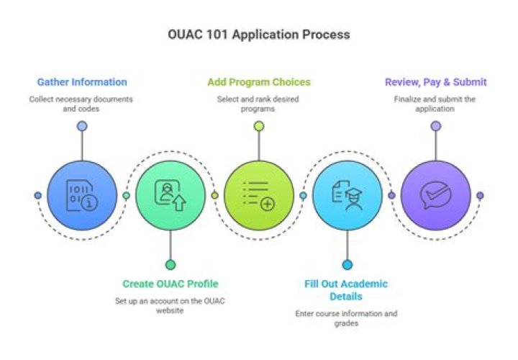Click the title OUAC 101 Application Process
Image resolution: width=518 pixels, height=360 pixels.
pyautogui.click(x=258, y=34)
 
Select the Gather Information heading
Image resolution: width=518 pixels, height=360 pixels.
pyautogui.click(x=82, y=82)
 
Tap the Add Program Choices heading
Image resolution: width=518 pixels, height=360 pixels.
pyautogui.click(x=258, y=82)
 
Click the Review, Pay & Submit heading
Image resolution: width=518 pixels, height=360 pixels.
pyautogui.click(x=435, y=82)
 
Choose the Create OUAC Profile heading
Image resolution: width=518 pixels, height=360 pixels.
pyautogui.click(x=170, y=284)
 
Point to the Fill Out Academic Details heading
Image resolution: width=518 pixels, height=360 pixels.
pyautogui.click(x=346, y=289)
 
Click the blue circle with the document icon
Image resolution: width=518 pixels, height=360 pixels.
pyautogui.click(x=82, y=195)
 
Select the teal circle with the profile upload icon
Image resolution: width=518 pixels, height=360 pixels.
pyautogui.click(x=171, y=195)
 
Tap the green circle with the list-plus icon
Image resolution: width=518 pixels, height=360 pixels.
pyautogui.click(x=259, y=195)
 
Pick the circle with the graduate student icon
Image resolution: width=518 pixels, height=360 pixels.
pyautogui.click(x=347, y=195)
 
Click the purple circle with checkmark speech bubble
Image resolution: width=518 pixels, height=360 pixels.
pyautogui.click(x=436, y=195)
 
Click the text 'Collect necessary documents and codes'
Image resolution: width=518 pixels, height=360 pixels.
pyautogui.click(x=82, y=104)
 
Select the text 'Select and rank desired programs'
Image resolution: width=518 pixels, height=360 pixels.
pyautogui.click(x=258, y=104)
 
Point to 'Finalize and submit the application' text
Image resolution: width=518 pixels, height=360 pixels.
pyautogui.click(x=435, y=104)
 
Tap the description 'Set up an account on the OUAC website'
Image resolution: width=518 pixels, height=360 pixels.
pyautogui.click(x=170, y=305)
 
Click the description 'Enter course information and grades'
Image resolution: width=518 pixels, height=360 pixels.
pyautogui.click(x=346, y=319)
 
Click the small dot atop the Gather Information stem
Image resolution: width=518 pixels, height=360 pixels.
pyautogui.click(x=82, y=126)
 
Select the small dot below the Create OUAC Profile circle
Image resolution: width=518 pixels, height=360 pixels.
pyautogui.click(x=171, y=264)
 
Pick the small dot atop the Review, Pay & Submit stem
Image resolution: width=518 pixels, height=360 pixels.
pyautogui.click(x=436, y=126)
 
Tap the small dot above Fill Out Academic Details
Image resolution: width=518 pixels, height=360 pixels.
pyautogui.click(x=347, y=264)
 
